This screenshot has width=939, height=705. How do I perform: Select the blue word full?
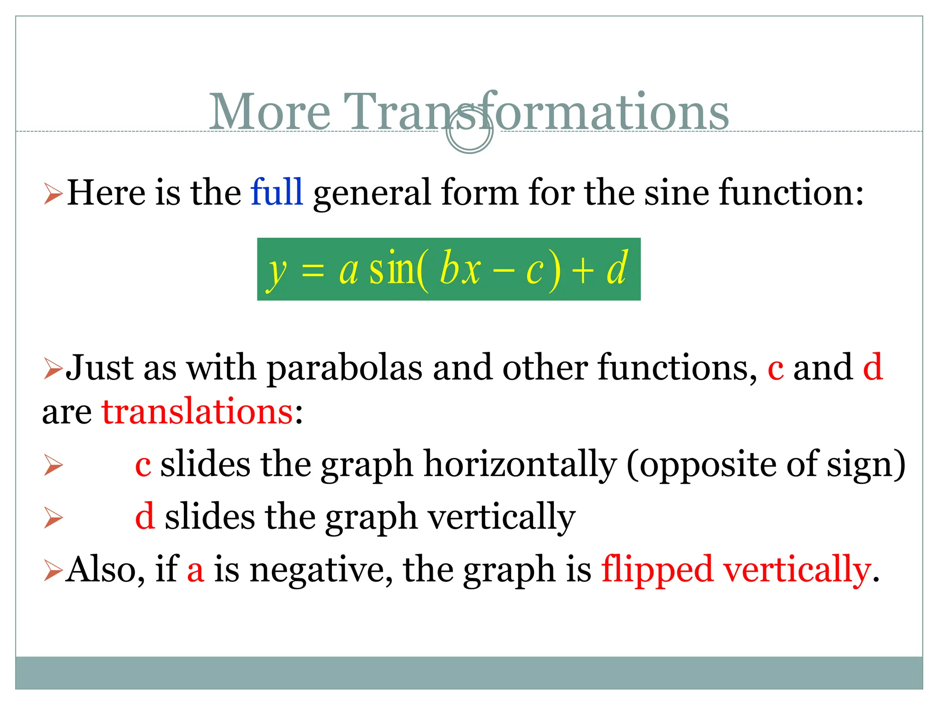(276, 192)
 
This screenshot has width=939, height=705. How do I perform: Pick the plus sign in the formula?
(582, 271)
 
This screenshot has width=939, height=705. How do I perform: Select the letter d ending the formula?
(617, 269)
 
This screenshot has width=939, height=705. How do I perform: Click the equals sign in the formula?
(313, 271)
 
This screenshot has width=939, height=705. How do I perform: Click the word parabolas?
(344, 368)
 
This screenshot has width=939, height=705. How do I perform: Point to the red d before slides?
(144, 517)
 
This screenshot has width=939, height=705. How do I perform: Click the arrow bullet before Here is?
(53, 194)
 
